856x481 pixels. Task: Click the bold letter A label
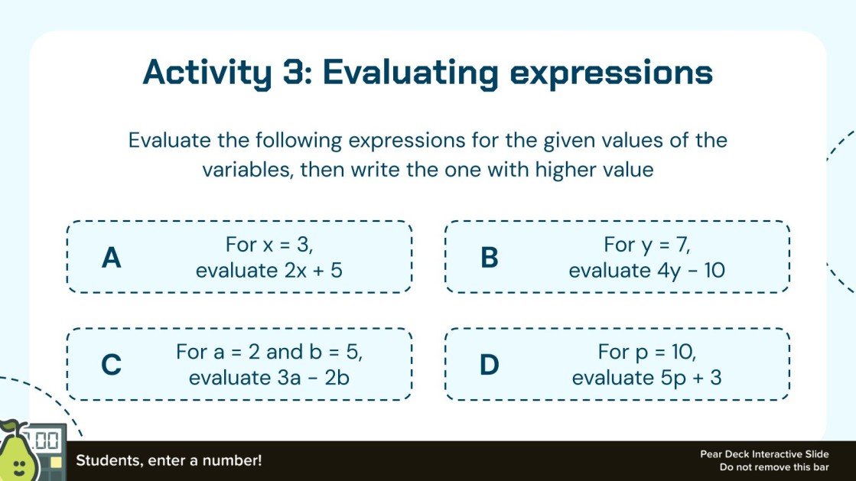[x=112, y=258]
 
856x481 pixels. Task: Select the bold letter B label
[x=490, y=258]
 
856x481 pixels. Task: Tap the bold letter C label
[x=112, y=365]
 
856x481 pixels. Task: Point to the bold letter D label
[x=490, y=365]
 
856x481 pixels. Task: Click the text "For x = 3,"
[x=270, y=245]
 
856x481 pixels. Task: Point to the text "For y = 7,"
[x=647, y=245]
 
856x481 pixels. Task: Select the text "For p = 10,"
[x=647, y=353]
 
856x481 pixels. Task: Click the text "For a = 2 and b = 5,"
[x=269, y=353]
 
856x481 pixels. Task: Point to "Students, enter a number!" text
[x=168, y=461]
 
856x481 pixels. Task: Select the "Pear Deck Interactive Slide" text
[x=764, y=454]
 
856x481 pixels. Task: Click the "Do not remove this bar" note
[x=774, y=467]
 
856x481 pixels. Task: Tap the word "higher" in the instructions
[x=548, y=169]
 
